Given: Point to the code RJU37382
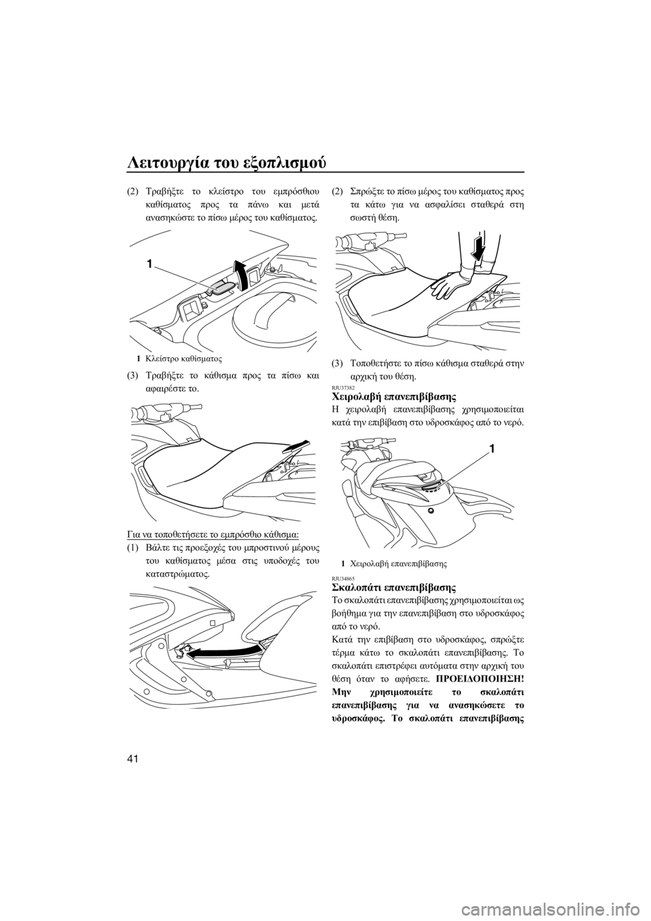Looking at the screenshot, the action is [x=340, y=387].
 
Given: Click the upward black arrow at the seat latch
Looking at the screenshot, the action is [x=241, y=274].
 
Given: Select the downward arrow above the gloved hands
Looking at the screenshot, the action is [x=479, y=248].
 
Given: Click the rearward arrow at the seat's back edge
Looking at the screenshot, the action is [x=295, y=446].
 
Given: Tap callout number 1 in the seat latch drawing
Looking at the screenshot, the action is [x=151, y=263].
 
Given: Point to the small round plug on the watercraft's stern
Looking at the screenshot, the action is [x=431, y=511].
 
